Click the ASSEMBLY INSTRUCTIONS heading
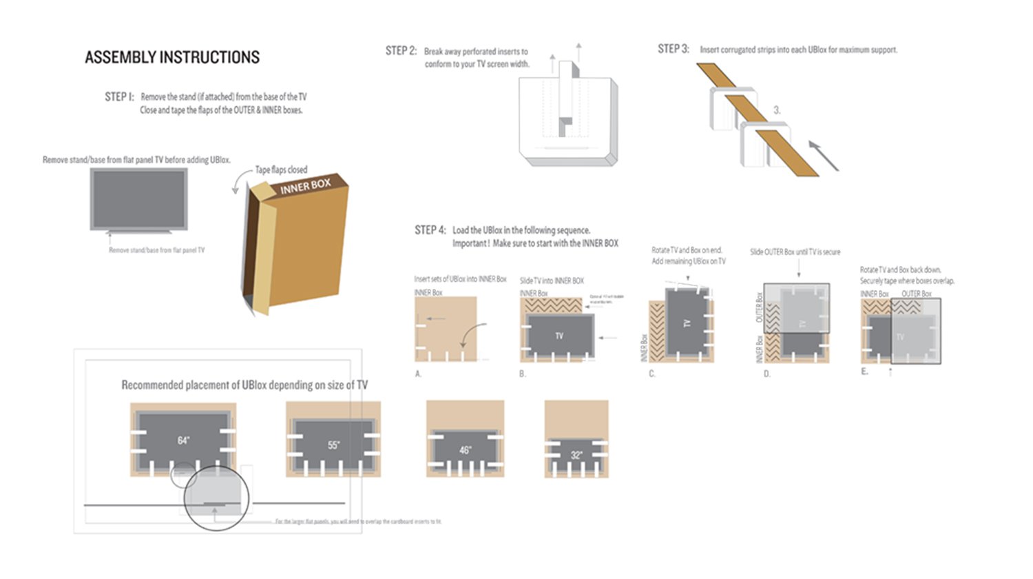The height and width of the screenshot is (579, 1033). (172, 57)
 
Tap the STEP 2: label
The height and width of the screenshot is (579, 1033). (401, 50)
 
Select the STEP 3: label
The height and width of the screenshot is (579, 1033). (673, 49)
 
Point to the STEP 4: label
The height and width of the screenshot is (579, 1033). (430, 230)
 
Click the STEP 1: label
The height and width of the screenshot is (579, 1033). (119, 96)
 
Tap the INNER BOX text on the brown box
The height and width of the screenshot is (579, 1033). (305, 186)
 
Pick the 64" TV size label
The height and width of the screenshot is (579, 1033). (183, 440)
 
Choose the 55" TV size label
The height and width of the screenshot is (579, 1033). (333, 445)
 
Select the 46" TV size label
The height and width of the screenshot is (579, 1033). (466, 450)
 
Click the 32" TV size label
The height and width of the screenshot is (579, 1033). (576, 455)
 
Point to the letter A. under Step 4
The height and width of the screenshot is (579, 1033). (418, 374)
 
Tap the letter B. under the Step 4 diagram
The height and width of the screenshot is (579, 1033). (523, 374)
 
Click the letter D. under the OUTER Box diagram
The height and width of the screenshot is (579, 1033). (766, 374)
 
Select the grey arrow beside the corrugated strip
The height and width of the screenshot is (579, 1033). (824, 156)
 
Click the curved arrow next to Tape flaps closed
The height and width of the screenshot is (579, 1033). (238, 183)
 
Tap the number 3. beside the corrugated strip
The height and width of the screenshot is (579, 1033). (777, 110)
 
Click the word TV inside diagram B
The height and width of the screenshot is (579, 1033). (559, 336)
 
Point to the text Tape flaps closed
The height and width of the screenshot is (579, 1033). (281, 170)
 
